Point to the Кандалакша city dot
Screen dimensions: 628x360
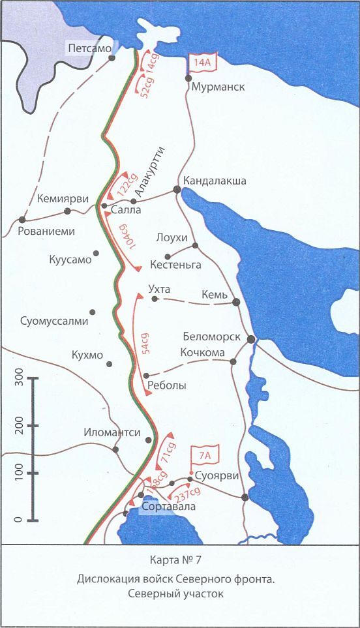(x=177, y=189)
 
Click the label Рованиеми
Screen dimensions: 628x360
(x=46, y=231)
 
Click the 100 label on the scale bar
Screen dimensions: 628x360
(x=19, y=473)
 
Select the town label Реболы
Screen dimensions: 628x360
(x=168, y=385)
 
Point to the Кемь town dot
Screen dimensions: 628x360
(x=236, y=302)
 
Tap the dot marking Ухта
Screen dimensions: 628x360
(x=155, y=299)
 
